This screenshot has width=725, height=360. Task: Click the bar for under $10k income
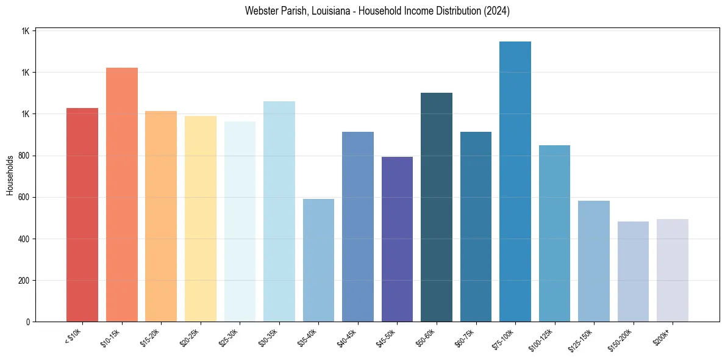click(x=82, y=215)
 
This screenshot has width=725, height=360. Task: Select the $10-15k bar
click(x=122, y=195)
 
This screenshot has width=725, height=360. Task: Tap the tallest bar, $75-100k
click(x=515, y=181)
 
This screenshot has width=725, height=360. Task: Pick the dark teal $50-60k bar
click(x=437, y=207)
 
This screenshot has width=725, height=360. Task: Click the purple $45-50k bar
click(x=397, y=239)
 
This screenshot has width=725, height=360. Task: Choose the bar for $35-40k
click(x=318, y=261)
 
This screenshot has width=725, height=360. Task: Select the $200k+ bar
click(x=673, y=270)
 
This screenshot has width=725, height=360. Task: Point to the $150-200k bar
click(x=633, y=272)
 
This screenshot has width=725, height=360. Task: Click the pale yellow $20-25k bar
click(x=201, y=218)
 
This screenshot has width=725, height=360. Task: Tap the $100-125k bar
click(x=554, y=233)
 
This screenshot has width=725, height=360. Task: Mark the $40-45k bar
click(x=358, y=226)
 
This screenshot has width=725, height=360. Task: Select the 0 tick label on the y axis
click(x=29, y=322)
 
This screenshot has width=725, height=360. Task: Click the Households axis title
click(x=10, y=175)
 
